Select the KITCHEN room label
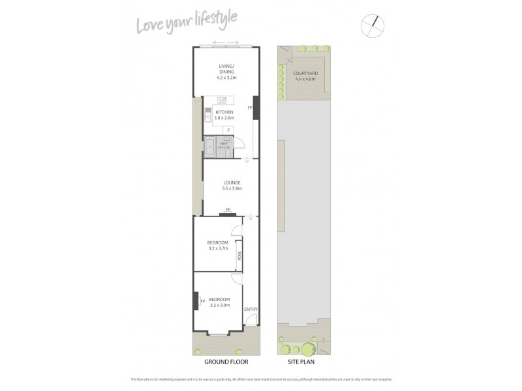coord(224,112)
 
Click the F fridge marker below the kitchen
coord(228,130)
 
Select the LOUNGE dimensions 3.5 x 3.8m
coord(231,189)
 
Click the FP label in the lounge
coord(228,209)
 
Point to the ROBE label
coord(239,255)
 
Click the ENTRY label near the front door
coord(251,309)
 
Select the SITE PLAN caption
coord(302,360)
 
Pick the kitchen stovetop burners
coord(222,99)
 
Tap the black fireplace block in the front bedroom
coord(195,300)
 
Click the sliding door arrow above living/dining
coord(226,45)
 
